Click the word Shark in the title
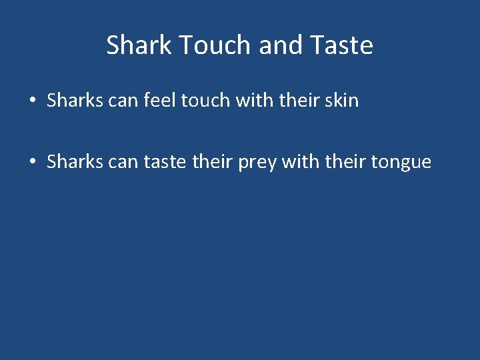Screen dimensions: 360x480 [138, 45]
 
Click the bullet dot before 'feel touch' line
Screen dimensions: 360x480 [32, 101]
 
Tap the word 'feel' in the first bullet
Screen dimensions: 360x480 [152, 101]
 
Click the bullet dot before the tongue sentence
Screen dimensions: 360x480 [32, 162]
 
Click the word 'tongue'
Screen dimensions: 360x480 [403, 163]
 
